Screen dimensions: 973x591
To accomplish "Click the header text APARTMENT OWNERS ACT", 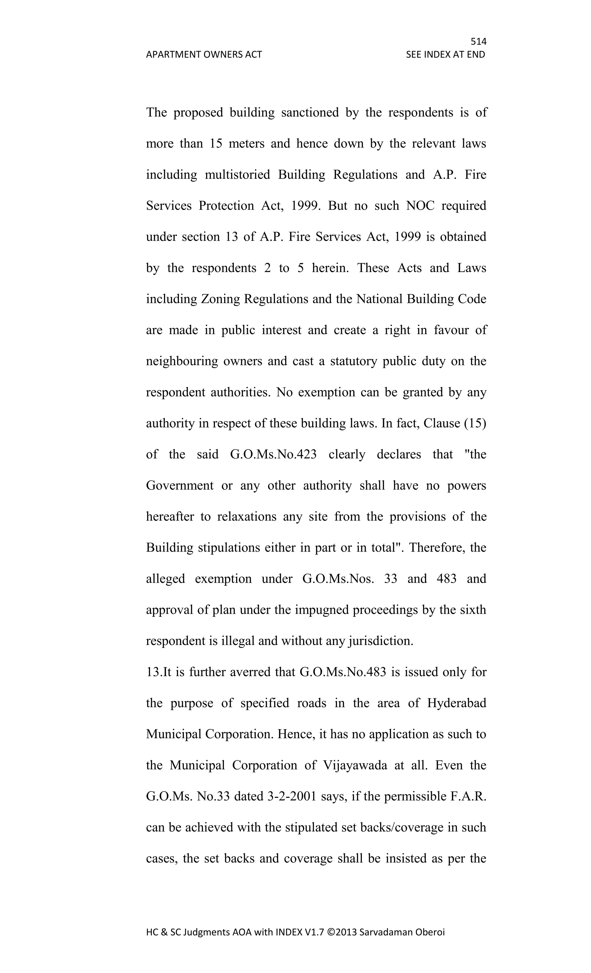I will pos(204,55).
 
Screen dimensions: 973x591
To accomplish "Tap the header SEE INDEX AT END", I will pos(445,55).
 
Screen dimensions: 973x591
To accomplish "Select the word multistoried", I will pos(237,175).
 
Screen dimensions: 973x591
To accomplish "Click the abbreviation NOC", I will pos(420,206).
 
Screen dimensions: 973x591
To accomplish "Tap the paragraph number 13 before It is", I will pos(152,672).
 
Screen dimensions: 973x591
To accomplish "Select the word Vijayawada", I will pos(355,765).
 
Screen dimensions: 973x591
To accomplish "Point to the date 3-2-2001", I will pos(292,796).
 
